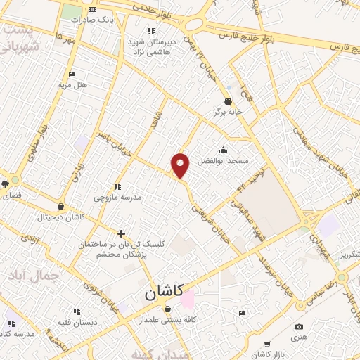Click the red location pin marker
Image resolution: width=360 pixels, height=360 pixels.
coord(181,165)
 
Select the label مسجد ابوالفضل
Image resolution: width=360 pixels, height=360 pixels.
coord(224,160)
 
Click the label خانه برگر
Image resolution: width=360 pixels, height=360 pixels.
coord(228,112)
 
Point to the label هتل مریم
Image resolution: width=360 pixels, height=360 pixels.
coord(72,84)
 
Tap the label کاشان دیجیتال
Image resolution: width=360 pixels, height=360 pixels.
coord(61,217)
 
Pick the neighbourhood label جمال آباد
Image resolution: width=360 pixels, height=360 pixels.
coord(39,275)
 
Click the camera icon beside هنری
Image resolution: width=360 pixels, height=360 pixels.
coord(300,327)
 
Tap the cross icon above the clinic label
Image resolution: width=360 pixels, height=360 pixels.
coord(122,233)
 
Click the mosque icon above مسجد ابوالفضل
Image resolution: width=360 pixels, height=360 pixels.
coord(224,150)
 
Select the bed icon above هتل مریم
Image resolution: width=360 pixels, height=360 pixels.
coord(72,74)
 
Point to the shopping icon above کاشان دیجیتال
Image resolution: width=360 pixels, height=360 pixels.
coord(61,207)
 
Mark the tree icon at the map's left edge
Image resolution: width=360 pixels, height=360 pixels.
coord(5,184)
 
